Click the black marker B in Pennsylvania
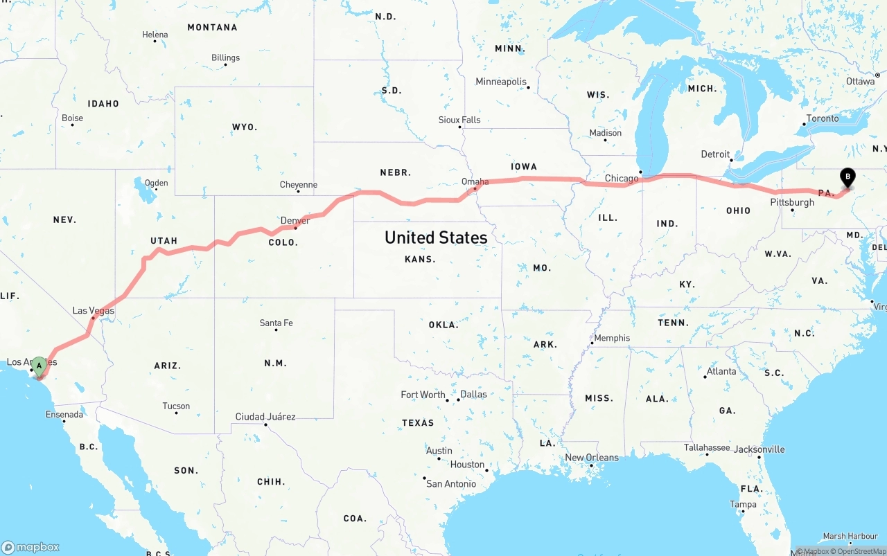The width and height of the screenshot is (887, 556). [847, 177]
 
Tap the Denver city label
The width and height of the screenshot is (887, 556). [295, 221]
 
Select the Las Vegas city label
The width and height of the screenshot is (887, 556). [94, 311]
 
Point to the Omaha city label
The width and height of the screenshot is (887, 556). [475, 182]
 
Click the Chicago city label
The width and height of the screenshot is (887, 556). [622, 179]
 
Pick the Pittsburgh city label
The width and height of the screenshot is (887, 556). [792, 203]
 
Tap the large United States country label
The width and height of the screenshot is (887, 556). [436, 237]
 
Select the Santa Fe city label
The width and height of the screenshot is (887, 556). [276, 323]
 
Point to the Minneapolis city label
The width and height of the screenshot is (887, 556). [501, 82]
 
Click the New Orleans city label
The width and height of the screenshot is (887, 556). [592, 458]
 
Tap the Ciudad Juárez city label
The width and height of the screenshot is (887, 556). [265, 417]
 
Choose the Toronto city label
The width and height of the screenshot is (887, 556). [823, 118]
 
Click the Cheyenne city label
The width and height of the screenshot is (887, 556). [299, 185]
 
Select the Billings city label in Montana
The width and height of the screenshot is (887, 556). [226, 58]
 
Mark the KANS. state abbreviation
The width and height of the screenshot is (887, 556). [421, 260]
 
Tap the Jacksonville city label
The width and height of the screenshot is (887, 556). [759, 449]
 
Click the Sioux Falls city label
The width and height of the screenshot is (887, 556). [459, 120]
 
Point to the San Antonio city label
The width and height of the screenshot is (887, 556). [451, 484]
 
